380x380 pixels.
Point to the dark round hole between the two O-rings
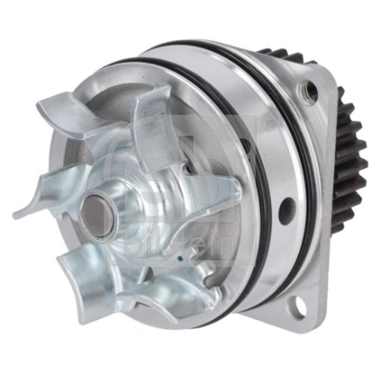pyautogui.click(x=287, y=211)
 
